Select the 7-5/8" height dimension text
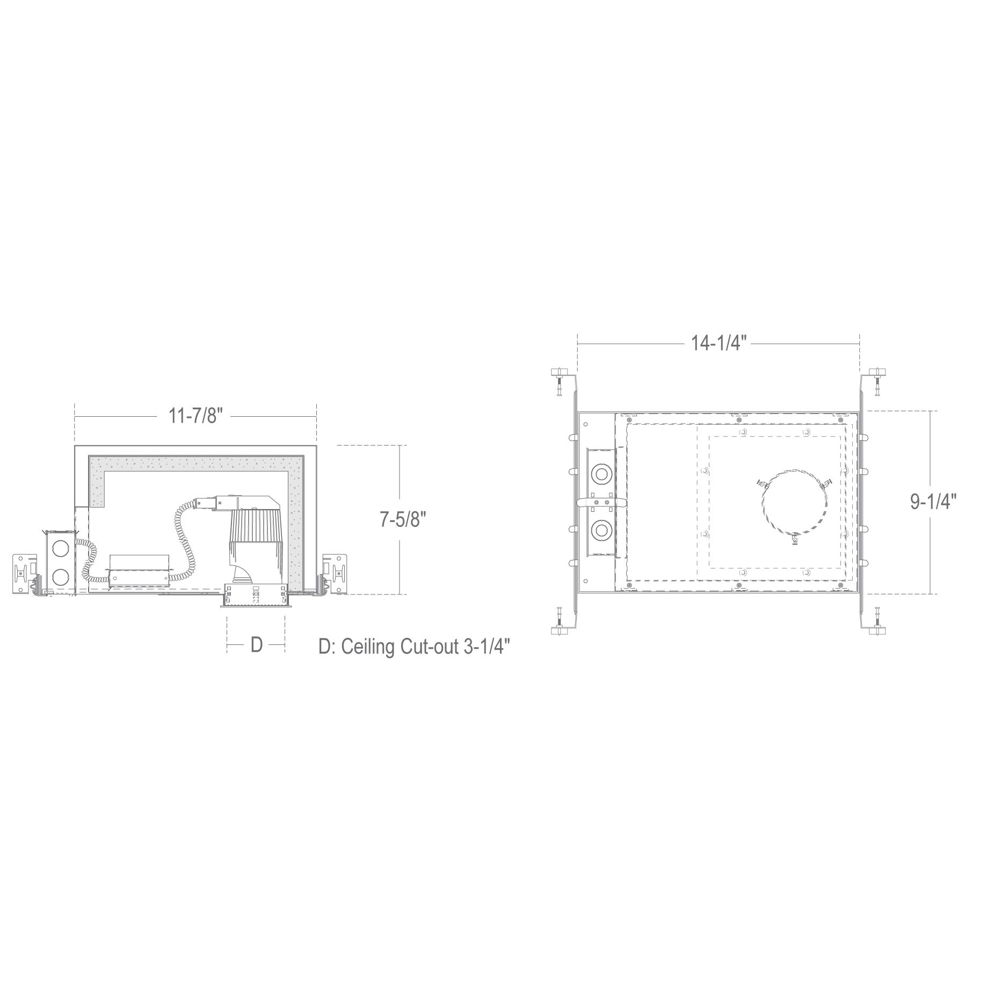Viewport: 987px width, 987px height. pyautogui.click(x=403, y=520)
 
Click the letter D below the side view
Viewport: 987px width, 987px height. pyautogui.click(x=256, y=644)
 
